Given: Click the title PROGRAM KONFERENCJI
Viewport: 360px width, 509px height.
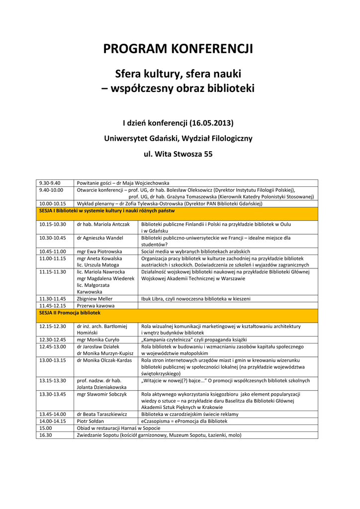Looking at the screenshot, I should (x=178, y=49).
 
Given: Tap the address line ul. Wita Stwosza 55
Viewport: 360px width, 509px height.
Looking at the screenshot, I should (x=178, y=154).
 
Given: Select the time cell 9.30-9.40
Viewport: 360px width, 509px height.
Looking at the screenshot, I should (x=50, y=183).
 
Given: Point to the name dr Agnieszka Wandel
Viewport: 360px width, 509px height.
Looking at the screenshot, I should (x=100, y=238).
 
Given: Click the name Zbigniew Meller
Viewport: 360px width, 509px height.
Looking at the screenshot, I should (x=95, y=299).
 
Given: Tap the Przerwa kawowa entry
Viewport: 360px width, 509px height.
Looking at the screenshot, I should (x=96, y=306).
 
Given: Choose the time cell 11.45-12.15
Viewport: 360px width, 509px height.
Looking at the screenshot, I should (x=53, y=306).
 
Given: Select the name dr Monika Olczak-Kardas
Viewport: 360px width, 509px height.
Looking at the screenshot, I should (x=104, y=360).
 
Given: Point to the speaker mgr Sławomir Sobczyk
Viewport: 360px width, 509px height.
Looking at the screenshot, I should (x=102, y=394).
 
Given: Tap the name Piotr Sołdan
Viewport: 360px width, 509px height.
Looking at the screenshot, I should (x=90, y=421).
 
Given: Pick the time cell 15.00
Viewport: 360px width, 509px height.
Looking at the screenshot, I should (x=46, y=428).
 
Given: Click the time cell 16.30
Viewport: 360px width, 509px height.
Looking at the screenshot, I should (x=46, y=435).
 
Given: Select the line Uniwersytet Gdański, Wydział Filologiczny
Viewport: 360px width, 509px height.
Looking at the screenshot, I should (x=178, y=138).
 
